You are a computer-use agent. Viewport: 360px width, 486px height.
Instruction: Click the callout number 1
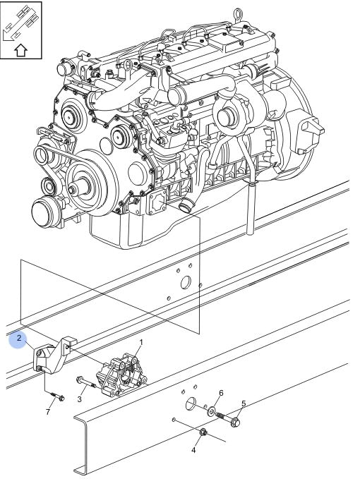coord(141,343)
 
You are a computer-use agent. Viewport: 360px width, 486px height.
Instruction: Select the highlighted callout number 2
coord(19,338)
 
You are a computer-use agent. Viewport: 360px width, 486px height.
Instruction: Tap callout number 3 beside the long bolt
coord(79,399)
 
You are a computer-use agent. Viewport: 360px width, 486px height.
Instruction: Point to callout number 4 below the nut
coord(193,450)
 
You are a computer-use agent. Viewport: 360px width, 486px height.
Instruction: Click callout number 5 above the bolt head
coord(244,403)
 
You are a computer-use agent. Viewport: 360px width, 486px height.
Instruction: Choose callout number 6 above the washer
coord(221,393)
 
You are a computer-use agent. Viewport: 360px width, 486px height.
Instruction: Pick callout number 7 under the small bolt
coord(48,412)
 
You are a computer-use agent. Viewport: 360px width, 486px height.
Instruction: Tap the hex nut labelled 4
coord(203,432)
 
